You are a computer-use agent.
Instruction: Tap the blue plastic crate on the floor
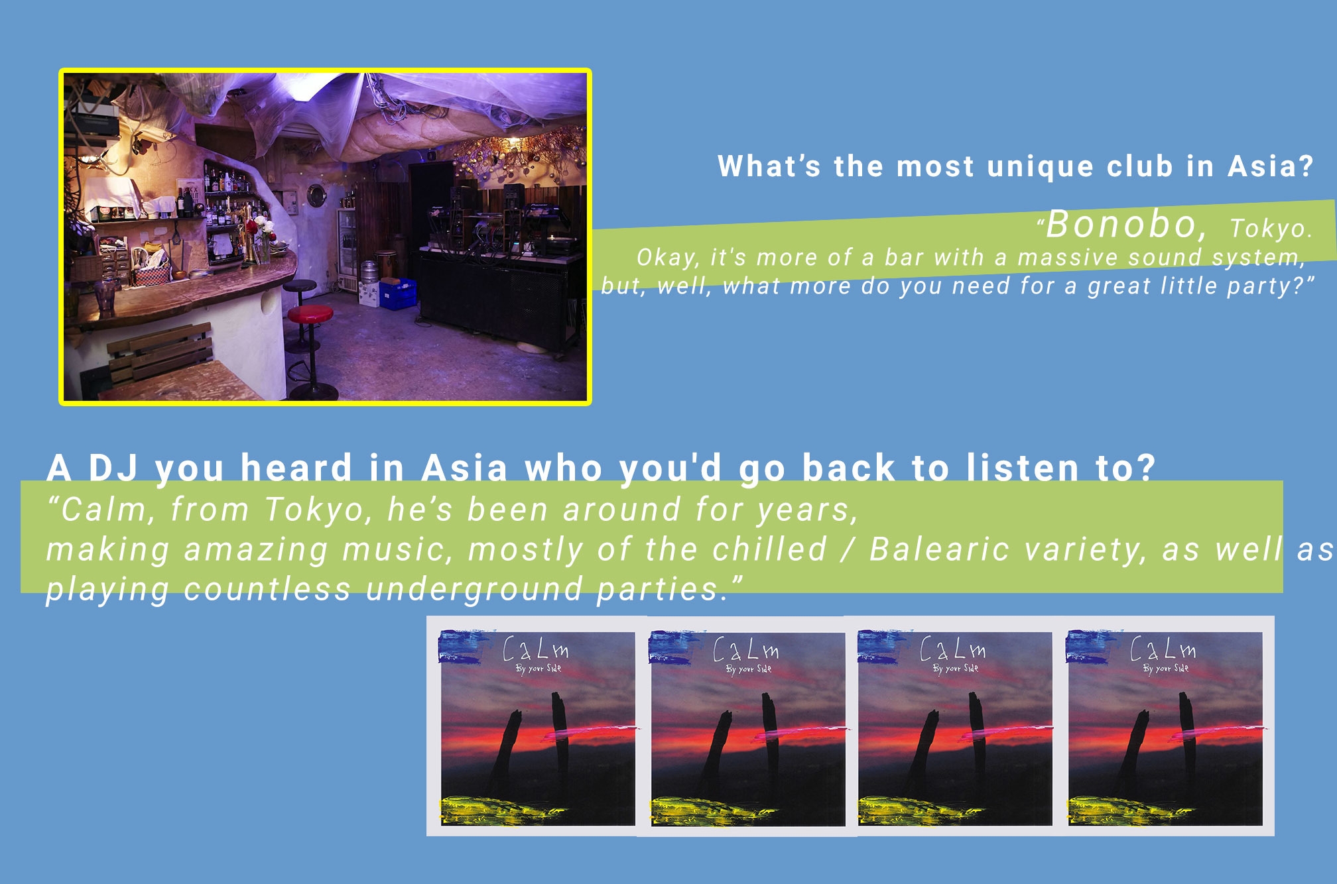pos(398,294)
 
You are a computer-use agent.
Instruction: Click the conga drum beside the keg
pos(387,265)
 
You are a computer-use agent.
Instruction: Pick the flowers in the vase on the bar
pos(261,229)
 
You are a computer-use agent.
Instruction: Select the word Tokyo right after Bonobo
pos(1271,228)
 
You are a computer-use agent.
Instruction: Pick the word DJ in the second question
pos(113,468)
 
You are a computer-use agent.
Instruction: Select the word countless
pos(267,588)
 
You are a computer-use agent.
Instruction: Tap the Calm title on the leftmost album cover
pos(536,649)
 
